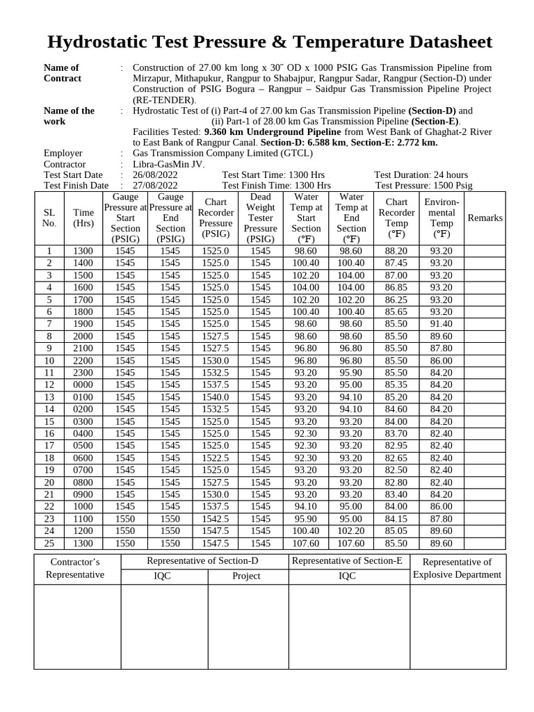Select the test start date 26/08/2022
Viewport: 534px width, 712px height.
click(155, 175)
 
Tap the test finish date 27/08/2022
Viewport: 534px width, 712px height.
click(155, 186)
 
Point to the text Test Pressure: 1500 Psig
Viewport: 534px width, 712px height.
click(423, 186)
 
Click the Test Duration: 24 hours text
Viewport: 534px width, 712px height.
click(421, 175)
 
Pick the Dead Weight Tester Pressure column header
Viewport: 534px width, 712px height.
click(261, 218)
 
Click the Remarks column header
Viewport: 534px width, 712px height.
click(485, 218)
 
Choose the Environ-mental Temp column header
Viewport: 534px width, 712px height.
click(442, 218)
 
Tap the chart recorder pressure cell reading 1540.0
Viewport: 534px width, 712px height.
click(216, 397)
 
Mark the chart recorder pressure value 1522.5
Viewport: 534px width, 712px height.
click(216, 458)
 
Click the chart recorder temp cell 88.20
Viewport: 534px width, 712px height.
click(396, 251)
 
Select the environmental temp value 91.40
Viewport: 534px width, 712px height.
click(441, 324)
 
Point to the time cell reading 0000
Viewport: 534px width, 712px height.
click(83, 385)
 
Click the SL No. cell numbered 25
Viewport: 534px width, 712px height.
click(49, 543)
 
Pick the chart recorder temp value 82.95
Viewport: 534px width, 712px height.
click(396, 446)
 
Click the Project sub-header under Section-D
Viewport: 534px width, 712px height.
click(247, 576)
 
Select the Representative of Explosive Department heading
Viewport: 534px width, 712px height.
click(457, 568)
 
